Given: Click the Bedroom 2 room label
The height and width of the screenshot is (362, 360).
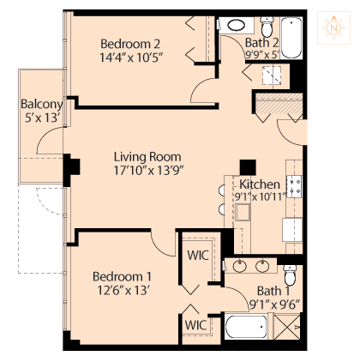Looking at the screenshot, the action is point(130,44).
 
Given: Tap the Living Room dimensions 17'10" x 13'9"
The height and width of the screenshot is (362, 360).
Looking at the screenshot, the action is point(148,171).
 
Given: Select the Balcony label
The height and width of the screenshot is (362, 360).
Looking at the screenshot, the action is point(42,104).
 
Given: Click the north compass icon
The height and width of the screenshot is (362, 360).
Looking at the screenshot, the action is point(333,27).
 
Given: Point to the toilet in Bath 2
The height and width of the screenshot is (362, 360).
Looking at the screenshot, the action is point(267,26).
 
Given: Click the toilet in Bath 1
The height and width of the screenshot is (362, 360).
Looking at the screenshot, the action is point(290,275).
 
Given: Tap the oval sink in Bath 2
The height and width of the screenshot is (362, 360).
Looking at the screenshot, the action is point(237,25).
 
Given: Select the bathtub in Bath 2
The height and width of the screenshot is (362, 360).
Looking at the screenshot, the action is point(291,38).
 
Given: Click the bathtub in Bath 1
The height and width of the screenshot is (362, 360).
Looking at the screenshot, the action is point(246,327).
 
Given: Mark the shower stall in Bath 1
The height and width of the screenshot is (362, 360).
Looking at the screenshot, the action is point(287,327).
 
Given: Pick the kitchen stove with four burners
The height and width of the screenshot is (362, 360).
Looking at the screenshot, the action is point(294,187).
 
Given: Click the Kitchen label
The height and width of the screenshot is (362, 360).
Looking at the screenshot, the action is point(260,184).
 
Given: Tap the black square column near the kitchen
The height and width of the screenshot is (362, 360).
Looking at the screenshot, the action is point(248,167).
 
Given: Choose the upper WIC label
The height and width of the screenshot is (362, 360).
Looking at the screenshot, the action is point(198,255).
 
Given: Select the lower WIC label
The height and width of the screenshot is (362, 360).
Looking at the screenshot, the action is point(195,325).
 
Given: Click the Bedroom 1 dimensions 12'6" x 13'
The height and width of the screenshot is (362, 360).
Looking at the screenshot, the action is point(123,291).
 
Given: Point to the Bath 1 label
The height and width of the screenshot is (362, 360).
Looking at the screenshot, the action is point(273,291).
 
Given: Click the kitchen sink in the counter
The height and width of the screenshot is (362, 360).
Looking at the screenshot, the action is point(243,212).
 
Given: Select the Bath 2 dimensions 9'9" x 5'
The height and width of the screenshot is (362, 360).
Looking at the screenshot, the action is point(262,54).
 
